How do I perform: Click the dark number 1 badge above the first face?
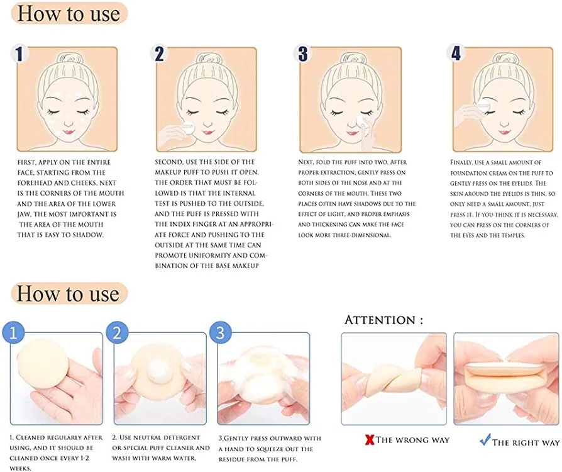coord(19,53)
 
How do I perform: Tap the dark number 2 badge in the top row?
coord(159,53)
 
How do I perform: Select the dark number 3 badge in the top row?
coord(303,53)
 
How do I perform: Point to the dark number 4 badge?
coord(456,53)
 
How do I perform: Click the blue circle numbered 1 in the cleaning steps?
coord(13,333)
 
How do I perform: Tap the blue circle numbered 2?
coord(117,333)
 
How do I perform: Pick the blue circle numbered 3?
coord(221,333)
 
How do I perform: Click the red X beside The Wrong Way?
coord(370,440)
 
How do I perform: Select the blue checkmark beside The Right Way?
coord(485,439)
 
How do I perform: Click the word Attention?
coord(380,320)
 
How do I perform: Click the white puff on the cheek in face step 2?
coord(187,127)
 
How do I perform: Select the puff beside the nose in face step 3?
coord(360,121)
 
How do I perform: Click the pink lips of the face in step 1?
coord(68,132)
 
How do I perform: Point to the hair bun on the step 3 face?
coord(353,58)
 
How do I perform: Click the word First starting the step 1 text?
coord(26,162)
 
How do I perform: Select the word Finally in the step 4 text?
coord(463,162)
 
